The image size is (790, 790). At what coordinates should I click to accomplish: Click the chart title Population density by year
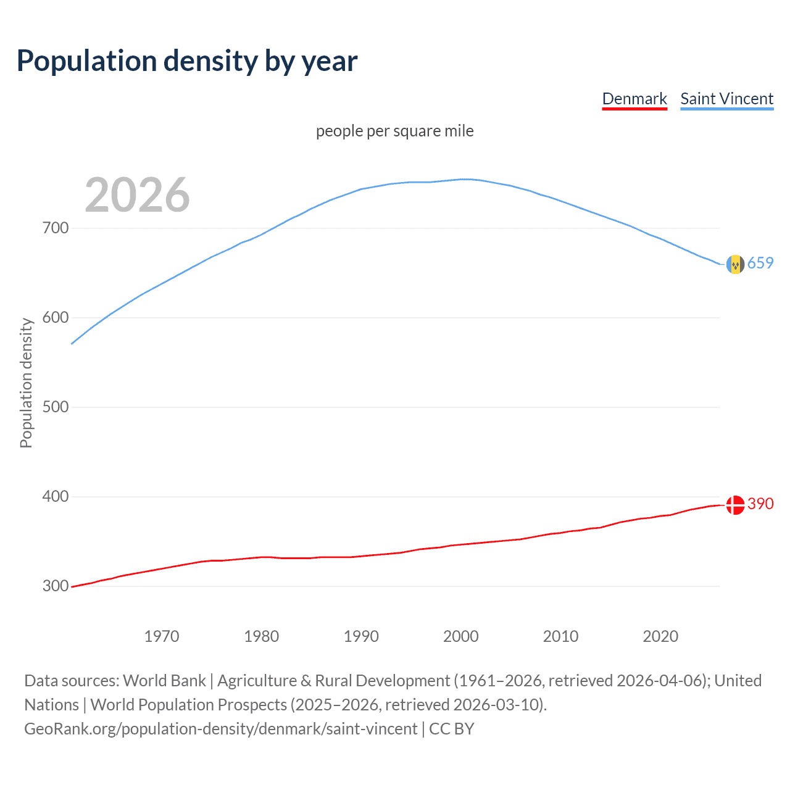[187, 61]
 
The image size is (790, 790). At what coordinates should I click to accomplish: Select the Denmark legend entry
[634, 99]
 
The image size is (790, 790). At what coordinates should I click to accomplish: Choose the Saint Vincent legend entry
[726, 99]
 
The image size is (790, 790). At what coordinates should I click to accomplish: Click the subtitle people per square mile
[394, 131]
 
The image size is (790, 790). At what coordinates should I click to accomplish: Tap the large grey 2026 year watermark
[137, 195]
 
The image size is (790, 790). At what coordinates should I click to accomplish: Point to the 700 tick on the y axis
[56, 228]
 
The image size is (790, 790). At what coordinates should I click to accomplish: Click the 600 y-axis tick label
[56, 318]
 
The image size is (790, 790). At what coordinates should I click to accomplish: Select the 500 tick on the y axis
[56, 407]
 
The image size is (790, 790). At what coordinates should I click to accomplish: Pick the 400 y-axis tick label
[56, 497]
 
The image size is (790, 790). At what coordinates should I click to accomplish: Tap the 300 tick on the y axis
[56, 586]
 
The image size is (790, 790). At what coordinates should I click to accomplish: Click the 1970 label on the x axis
[162, 636]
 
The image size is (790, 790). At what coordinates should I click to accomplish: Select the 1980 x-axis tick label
[261, 636]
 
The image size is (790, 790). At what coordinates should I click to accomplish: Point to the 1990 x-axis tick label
[361, 636]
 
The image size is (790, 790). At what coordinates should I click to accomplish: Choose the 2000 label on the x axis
[461, 636]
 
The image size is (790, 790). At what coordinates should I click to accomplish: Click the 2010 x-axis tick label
[560, 636]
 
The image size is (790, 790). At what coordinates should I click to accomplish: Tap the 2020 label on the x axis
[660, 636]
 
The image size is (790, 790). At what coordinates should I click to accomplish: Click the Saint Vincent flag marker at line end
[735, 264]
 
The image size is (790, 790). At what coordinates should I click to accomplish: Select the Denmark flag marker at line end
[735, 505]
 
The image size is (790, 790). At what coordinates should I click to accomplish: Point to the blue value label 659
[760, 264]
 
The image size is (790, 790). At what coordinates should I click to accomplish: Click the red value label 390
[760, 504]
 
